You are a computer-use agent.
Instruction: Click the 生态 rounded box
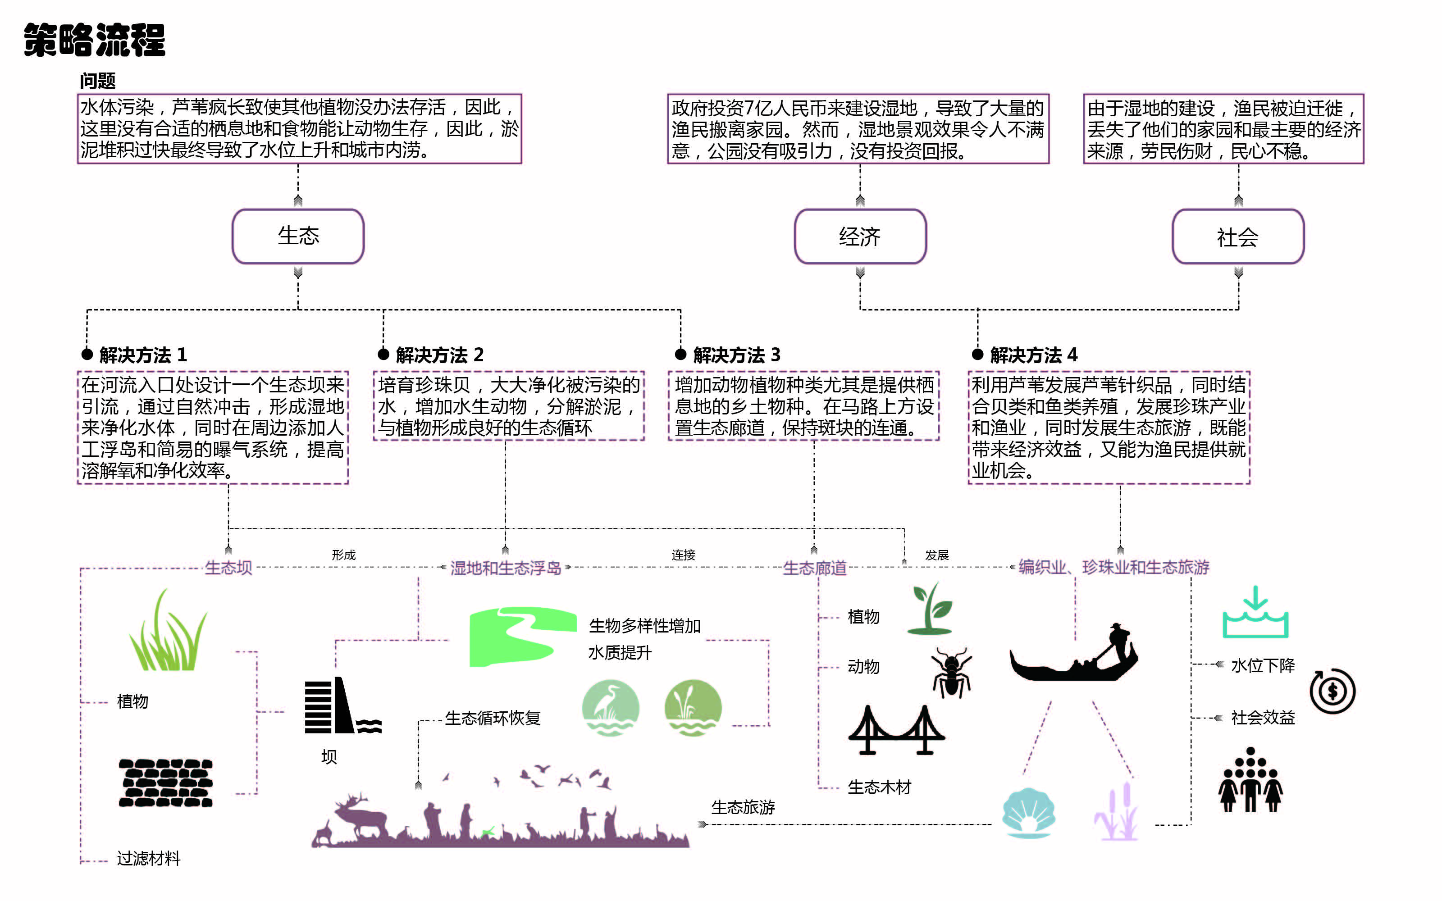tap(298, 236)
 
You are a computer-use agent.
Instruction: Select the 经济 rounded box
tap(860, 237)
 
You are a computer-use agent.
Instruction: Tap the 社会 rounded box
tap(1237, 237)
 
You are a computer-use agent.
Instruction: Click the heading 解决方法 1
tap(143, 355)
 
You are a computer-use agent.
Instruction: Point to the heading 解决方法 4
tap(1033, 355)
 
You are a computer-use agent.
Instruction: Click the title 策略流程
tap(94, 41)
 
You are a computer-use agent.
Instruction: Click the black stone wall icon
tap(166, 783)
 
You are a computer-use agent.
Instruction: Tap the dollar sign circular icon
tap(1332, 691)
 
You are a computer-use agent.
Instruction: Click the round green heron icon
tap(610, 707)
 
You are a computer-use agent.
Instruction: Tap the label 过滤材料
tap(148, 858)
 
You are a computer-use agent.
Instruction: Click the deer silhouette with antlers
tap(357, 816)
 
